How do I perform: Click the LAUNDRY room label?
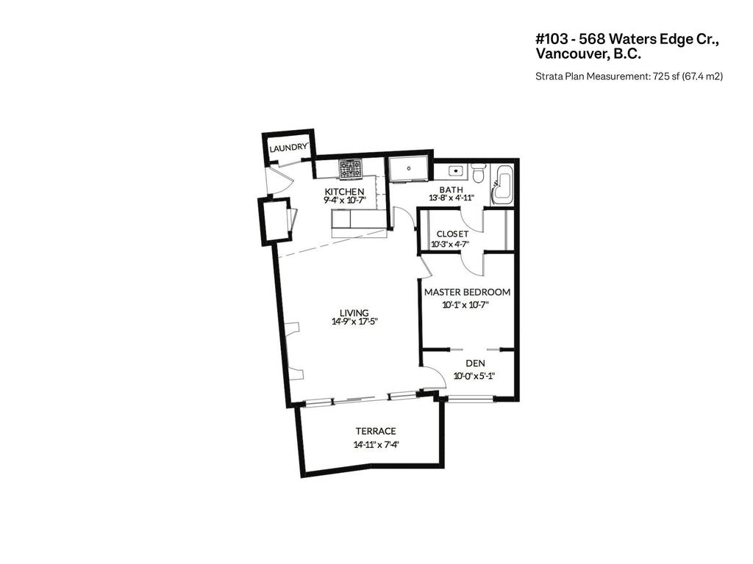pos(288,148)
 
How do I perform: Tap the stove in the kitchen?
pos(350,170)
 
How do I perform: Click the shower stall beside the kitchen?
pos(408,169)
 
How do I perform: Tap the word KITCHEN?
pos(344,192)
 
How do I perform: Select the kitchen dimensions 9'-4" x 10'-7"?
pos(344,200)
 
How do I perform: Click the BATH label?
pos(451,189)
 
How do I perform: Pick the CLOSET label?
pos(452,234)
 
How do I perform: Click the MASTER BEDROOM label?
pos(467,292)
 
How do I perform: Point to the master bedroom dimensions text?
pos(466,304)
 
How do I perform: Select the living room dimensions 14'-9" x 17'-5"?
pos(354,321)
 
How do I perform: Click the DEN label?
pos(475,364)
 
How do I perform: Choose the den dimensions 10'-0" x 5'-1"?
pos(474,376)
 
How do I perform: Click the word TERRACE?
pos(376,431)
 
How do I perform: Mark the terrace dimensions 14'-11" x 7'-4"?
pos(376,444)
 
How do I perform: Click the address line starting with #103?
pos(627,40)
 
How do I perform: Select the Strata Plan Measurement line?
pos(629,76)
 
